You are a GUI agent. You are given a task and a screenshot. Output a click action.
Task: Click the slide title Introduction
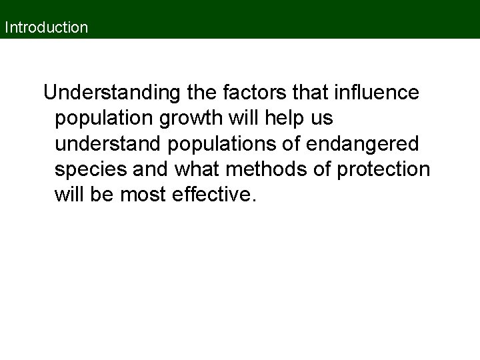click(x=46, y=28)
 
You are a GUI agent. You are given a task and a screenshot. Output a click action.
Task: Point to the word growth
click(x=201, y=119)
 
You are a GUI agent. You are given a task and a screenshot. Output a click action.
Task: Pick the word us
click(x=322, y=119)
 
